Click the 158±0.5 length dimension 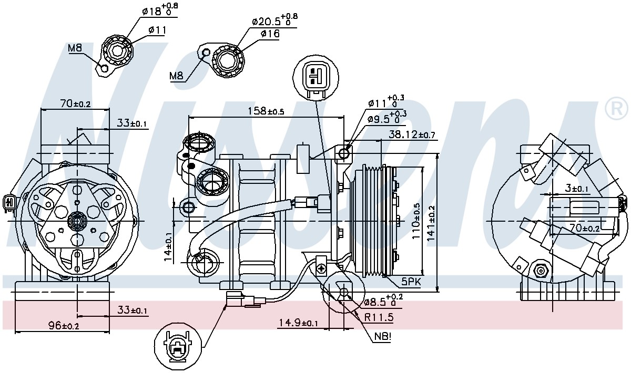pos(266,111)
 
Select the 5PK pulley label pos(411,282)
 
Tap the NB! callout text pos(382,336)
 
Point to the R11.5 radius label pos(379,317)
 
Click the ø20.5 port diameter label pos(274,20)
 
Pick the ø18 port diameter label pos(160,9)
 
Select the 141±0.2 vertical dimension pos(431,223)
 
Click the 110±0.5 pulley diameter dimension pos(416,221)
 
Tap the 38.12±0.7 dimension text pos(412,135)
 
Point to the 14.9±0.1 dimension pos(298,323)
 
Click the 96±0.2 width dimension pos(64,325)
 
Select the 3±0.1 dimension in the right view pos(577,188)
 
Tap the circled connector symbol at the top pos(315,77)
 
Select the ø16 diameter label pos(270,34)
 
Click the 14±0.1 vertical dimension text pos(168,247)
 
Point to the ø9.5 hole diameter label pos(387,117)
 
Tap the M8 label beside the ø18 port pos(75,48)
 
